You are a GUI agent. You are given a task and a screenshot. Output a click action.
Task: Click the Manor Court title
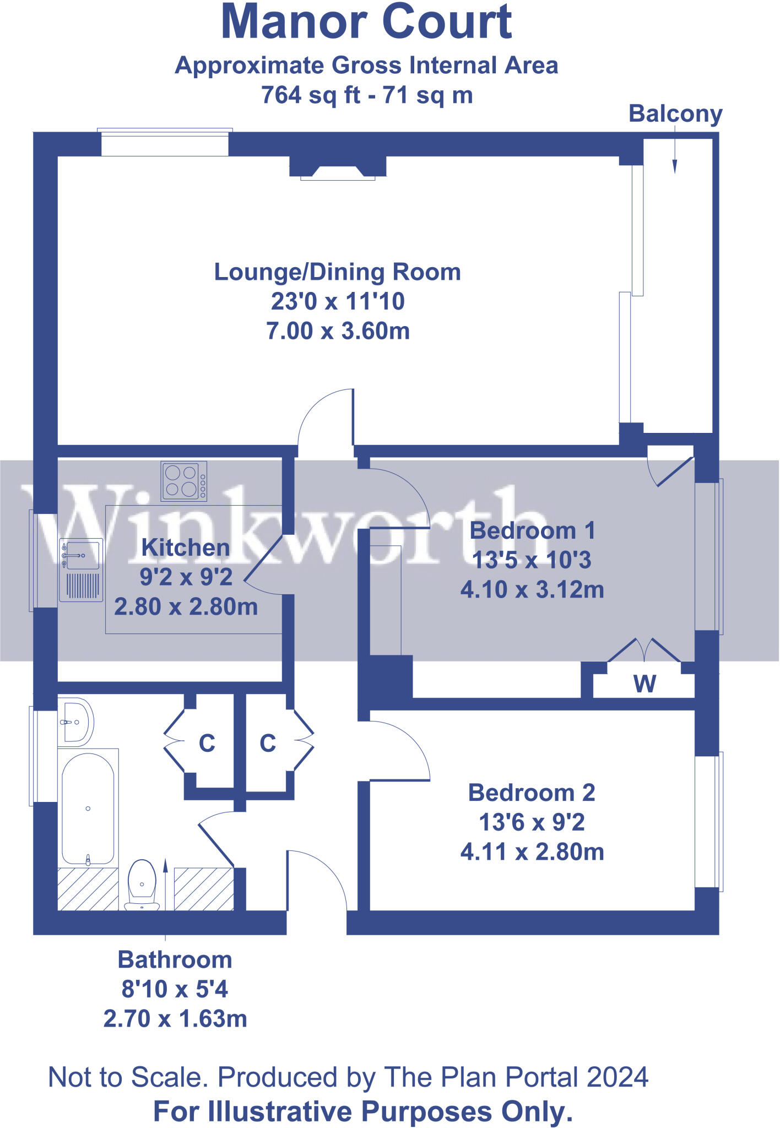(x=366, y=22)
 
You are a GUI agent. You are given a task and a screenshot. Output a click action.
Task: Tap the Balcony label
(x=675, y=113)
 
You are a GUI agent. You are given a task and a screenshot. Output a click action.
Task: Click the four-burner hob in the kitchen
(x=183, y=481)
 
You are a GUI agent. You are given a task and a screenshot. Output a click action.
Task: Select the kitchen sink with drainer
(x=81, y=570)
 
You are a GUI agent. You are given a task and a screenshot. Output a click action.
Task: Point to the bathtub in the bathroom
(x=88, y=809)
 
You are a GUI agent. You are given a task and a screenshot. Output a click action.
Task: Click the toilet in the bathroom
(x=142, y=883)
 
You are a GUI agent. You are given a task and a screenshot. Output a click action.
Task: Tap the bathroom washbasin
(x=75, y=722)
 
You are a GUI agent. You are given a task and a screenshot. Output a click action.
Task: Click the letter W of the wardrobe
(x=644, y=684)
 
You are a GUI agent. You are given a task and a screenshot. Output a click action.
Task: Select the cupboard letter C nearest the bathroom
(x=207, y=744)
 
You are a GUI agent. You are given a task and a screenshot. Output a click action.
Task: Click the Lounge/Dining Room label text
(x=337, y=272)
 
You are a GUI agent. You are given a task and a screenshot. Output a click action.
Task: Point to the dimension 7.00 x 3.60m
(x=338, y=331)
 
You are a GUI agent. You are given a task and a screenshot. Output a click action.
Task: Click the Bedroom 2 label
(x=532, y=793)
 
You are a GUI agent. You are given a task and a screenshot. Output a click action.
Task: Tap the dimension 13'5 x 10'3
(x=532, y=560)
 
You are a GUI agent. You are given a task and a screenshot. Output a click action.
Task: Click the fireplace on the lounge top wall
(x=338, y=169)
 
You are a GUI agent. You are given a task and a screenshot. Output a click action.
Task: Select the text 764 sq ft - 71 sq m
(x=366, y=95)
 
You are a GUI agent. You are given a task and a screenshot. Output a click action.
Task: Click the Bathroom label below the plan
(x=175, y=960)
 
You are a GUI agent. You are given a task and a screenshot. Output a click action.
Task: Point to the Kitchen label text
(x=185, y=547)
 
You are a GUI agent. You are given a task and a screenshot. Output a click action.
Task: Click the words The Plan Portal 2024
(x=516, y=1077)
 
